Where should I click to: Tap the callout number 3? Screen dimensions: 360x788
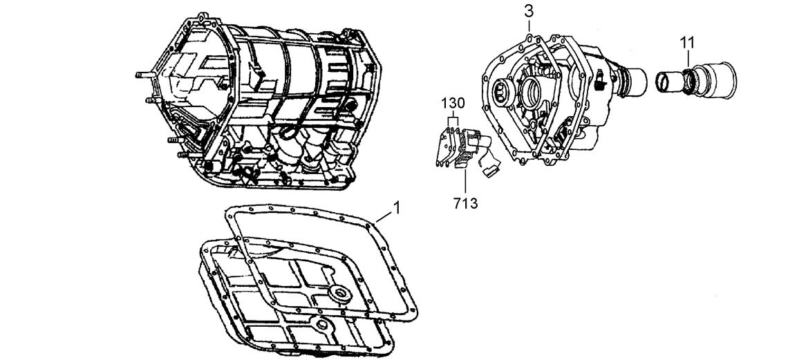528,11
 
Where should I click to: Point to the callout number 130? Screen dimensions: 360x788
453,102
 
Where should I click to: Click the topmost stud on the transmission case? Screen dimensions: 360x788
141,72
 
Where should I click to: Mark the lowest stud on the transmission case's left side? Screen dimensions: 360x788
177,155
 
